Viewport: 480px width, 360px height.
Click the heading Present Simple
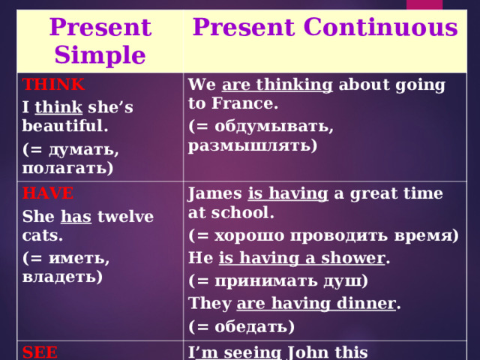coord(100,42)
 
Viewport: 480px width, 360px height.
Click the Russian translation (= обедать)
coord(241,326)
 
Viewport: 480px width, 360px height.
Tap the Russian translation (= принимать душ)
coord(277,282)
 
